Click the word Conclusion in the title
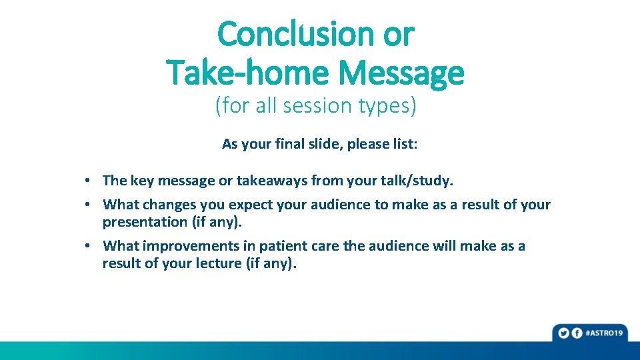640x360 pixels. click(296, 34)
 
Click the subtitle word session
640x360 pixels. click(317, 105)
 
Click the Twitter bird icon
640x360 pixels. click(564, 333)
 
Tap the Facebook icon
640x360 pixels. click(577, 333)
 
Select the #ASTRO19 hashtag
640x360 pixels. click(605, 333)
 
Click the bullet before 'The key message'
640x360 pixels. click(87, 180)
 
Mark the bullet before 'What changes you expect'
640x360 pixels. click(87, 204)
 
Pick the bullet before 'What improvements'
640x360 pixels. click(87, 246)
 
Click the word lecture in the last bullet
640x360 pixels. click(219, 263)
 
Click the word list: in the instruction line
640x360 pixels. click(405, 144)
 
